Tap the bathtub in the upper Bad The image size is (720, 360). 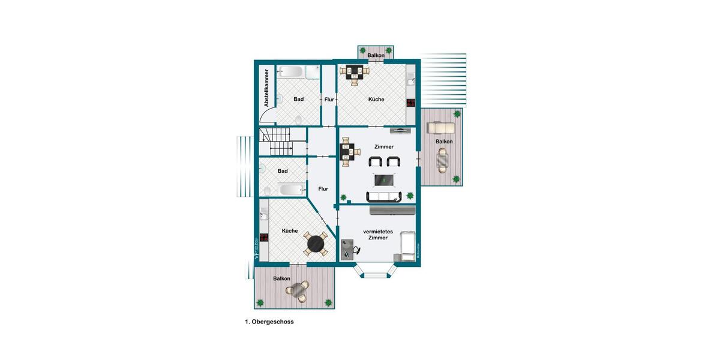[291, 73]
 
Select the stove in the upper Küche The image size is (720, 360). [411, 103]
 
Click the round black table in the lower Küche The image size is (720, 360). [316, 244]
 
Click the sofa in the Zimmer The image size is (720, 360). [384, 196]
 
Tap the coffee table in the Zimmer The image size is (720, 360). [384, 179]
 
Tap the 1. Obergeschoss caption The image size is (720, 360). [269, 322]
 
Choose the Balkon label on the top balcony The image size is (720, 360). [376, 55]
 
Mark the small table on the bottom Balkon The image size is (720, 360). [298, 292]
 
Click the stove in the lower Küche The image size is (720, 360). [263, 236]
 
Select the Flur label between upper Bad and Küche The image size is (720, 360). [329, 100]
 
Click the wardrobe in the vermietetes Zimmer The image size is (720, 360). [392, 210]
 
